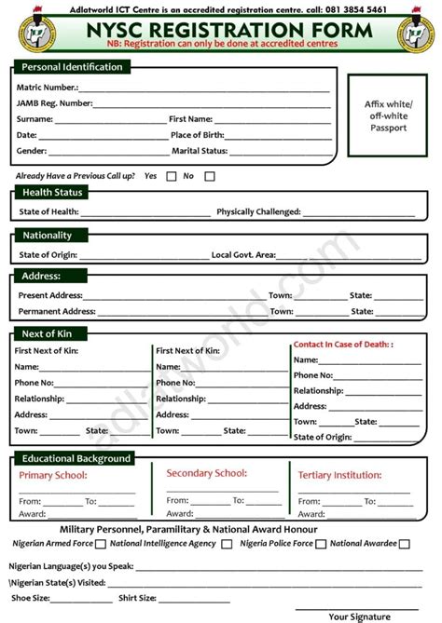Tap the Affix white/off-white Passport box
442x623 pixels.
(x=385, y=116)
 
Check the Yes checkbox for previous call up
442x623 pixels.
(x=172, y=176)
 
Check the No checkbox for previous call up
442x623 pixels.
(x=210, y=176)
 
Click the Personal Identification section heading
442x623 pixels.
(x=72, y=67)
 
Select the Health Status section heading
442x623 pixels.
(x=52, y=193)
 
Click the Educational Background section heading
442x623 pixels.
(x=76, y=458)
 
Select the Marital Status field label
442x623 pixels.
(x=200, y=151)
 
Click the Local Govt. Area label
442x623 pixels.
(x=243, y=254)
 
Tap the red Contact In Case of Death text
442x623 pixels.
(x=343, y=345)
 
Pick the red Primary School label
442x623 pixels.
(x=53, y=476)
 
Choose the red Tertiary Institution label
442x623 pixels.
(x=339, y=476)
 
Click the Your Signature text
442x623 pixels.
(x=359, y=616)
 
